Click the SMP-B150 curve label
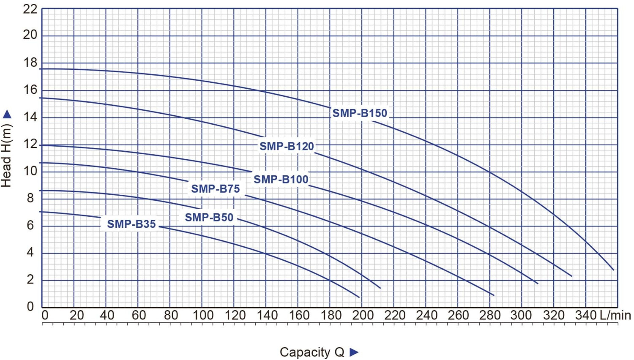point(359,113)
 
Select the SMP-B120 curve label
point(287,146)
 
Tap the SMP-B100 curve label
point(281,179)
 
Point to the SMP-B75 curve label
point(216,188)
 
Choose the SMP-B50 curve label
point(209,217)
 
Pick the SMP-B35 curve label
point(131,224)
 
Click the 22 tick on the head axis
point(30,10)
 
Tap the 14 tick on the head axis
point(30,117)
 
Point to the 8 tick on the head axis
point(30,198)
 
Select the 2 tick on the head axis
point(30,279)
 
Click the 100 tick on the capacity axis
point(203,315)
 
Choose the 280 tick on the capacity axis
point(489,315)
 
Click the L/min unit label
point(615,315)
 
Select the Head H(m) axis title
point(6,156)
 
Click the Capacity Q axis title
point(312,352)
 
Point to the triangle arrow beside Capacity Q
point(354,352)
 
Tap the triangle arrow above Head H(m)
point(7,115)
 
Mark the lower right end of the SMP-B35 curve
point(359,297)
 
